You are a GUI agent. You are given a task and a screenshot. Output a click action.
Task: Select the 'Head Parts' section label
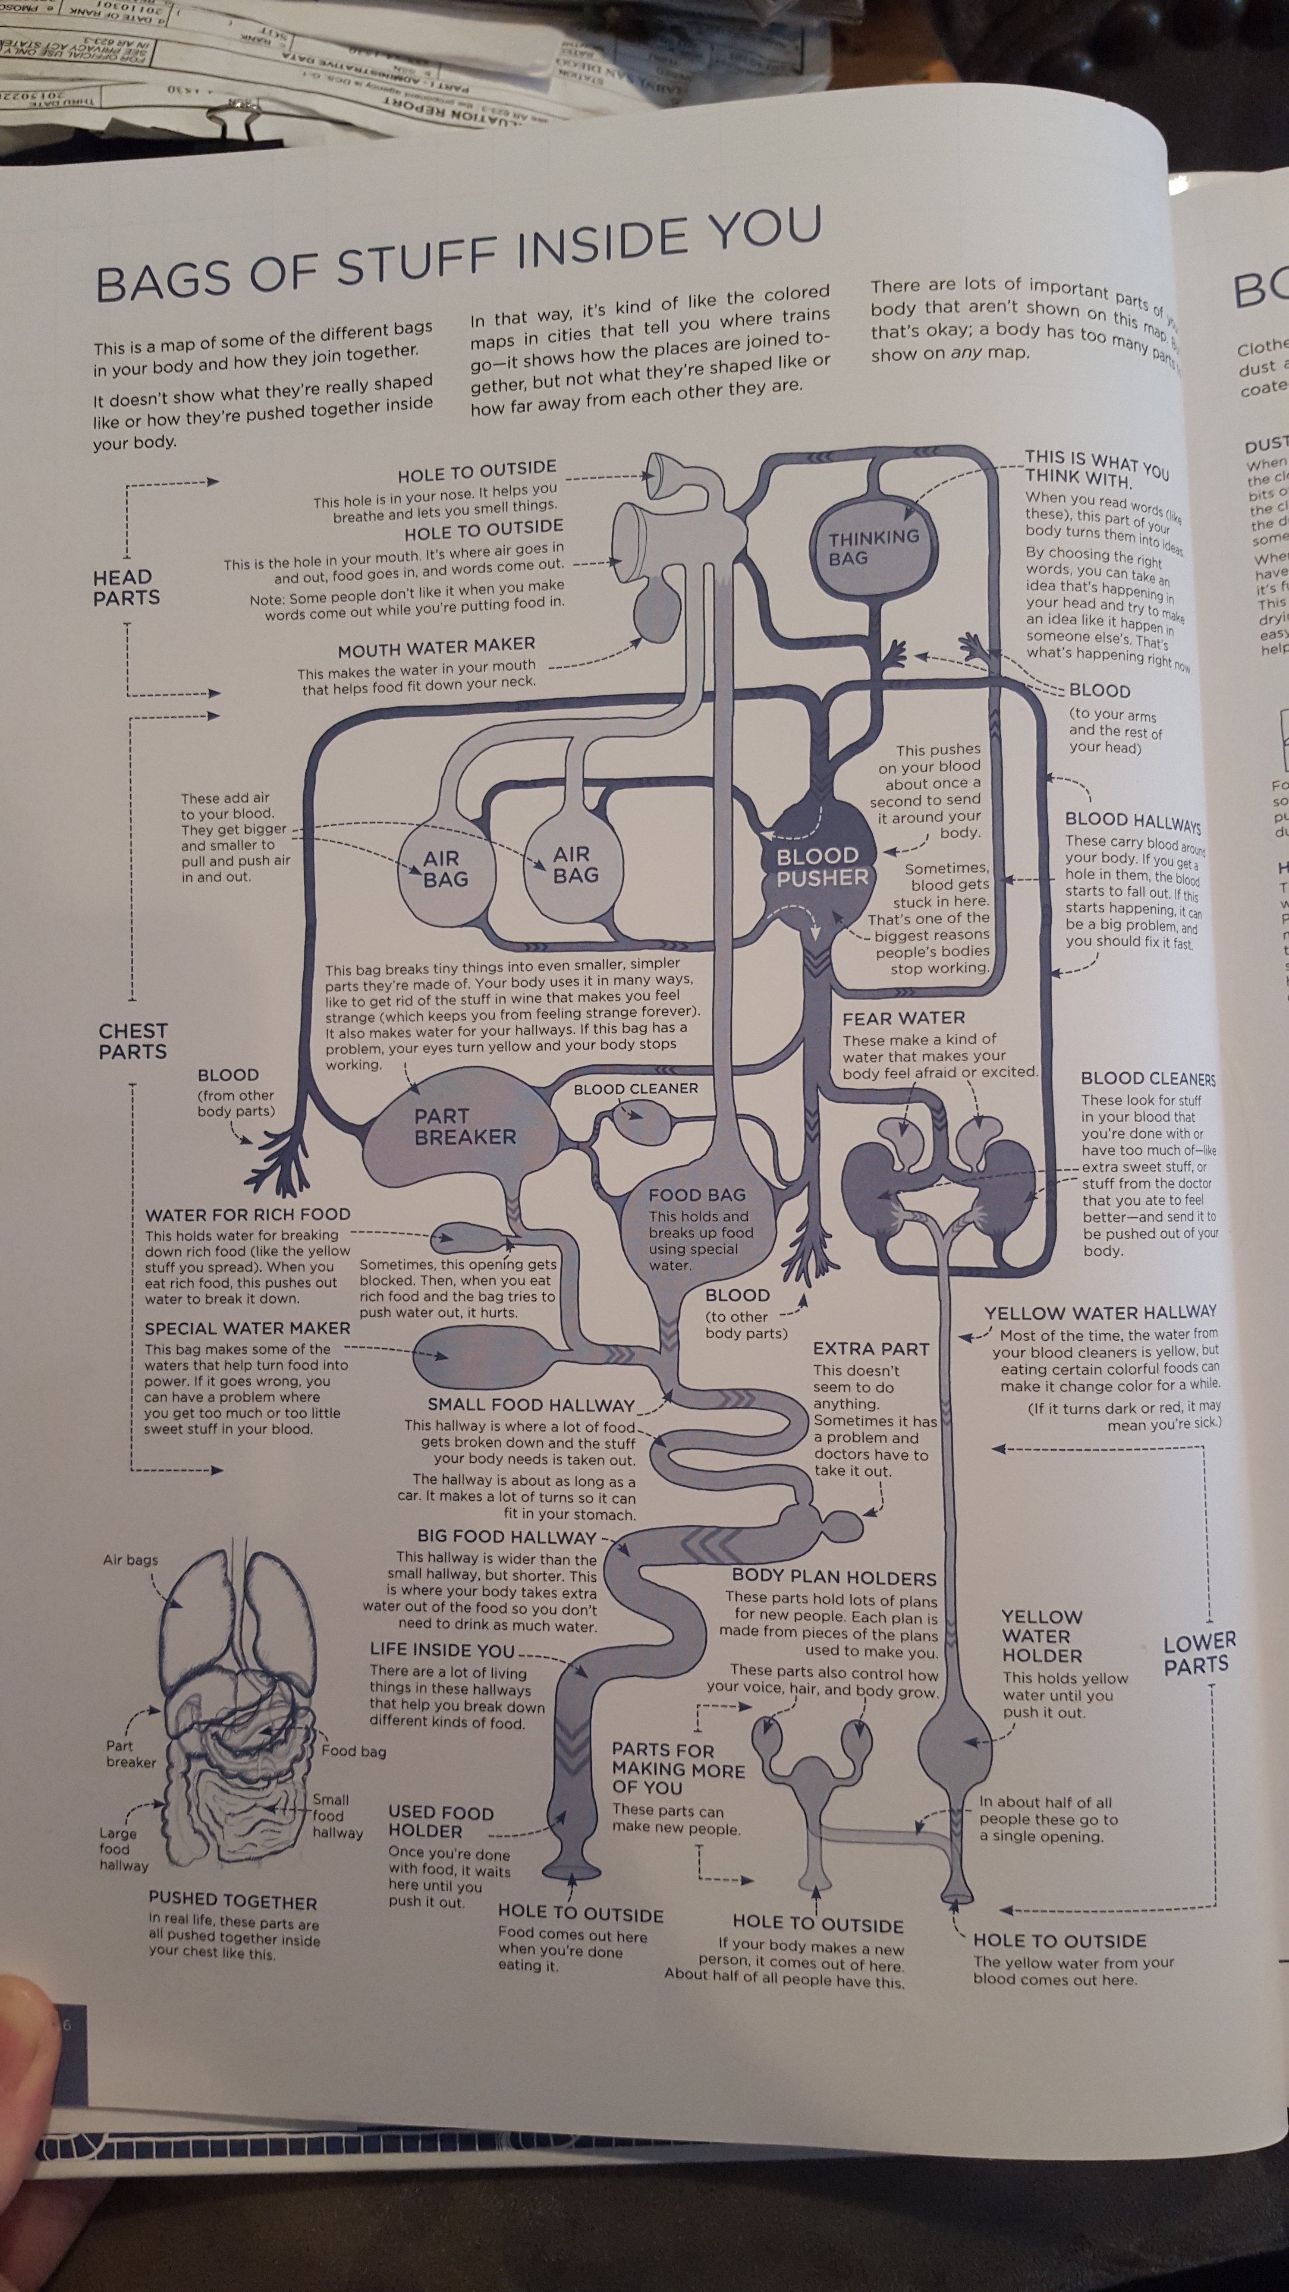tap(126, 587)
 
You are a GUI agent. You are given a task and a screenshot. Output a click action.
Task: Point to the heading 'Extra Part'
tap(870, 1349)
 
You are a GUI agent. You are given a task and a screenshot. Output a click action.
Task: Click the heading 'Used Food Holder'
tap(440, 1821)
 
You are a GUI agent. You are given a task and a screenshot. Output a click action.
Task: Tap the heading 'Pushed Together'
tap(232, 1902)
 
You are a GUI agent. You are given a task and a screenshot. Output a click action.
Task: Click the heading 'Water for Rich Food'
tap(247, 1215)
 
